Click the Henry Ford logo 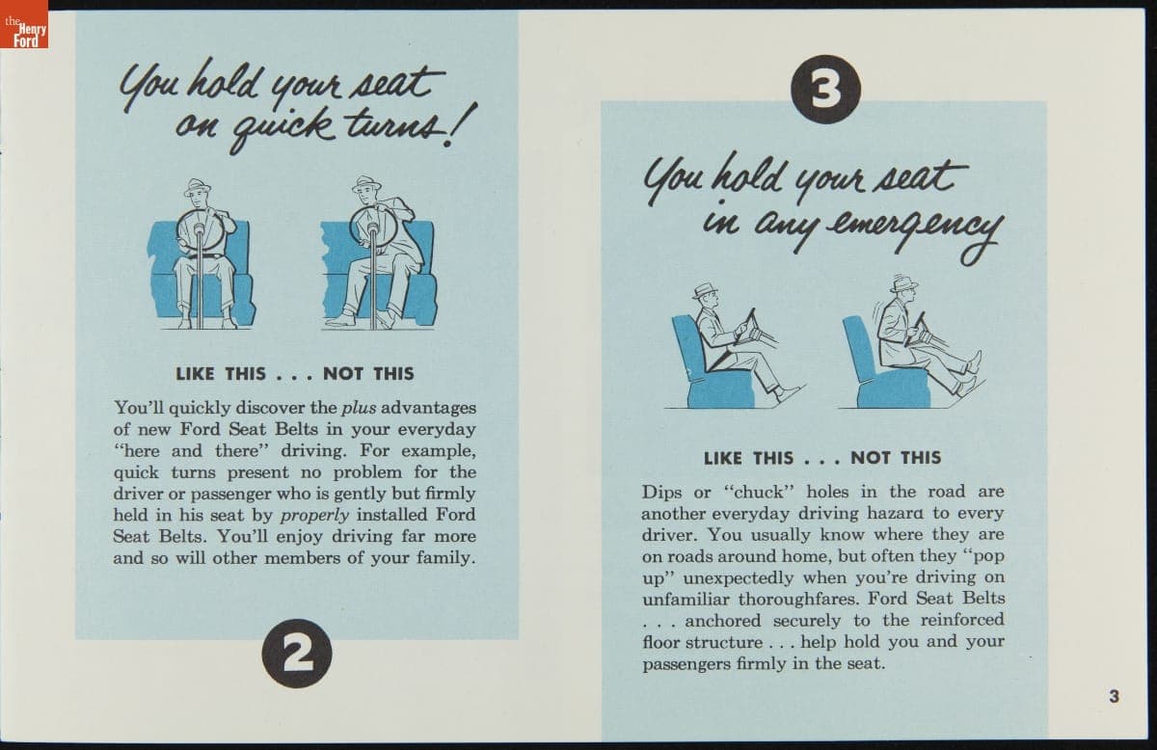coord(24,24)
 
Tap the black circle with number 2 coord(297,654)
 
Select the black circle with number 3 coord(826,90)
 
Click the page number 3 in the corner coord(1115,696)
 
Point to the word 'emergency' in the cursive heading coord(913,233)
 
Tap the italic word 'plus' coord(359,408)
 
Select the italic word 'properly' coord(315,516)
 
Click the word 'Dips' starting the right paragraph coord(662,492)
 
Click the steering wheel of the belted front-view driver coord(201,230)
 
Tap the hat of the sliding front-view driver coord(366,183)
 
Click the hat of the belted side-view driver coord(705,291)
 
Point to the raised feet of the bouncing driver coord(971,373)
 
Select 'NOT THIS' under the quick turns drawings coord(368,373)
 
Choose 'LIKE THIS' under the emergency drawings coord(748,458)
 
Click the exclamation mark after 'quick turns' coord(459,124)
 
